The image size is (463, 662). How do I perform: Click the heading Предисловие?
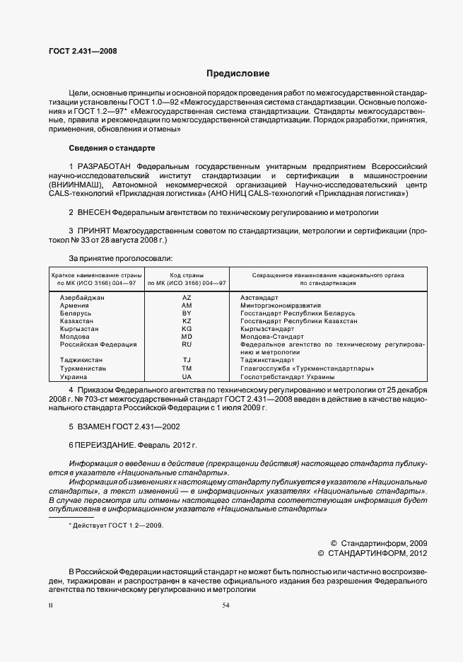(238, 74)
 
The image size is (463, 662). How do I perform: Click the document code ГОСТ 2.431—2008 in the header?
(82, 51)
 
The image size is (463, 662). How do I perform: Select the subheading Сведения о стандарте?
(112, 148)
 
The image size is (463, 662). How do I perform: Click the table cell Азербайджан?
(82, 297)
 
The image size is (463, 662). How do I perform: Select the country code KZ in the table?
(187, 321)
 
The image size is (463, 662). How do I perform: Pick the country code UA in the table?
(187, 377)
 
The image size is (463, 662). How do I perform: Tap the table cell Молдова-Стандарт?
(272, 337)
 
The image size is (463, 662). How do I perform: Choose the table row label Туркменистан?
(83, 368)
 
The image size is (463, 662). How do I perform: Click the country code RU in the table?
(187, 344)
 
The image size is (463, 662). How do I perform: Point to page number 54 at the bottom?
(226, 605)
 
